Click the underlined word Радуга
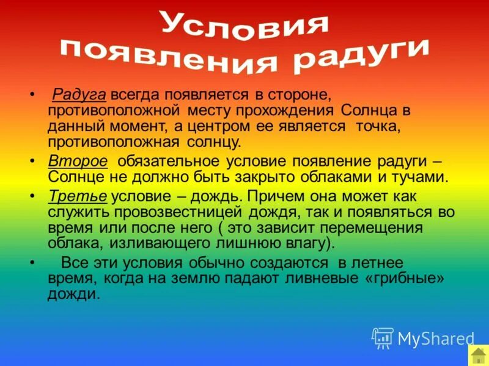coord(79,95)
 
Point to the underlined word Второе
coord(78,161)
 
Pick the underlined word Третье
coord(78,196)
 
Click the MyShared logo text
coord(436,338)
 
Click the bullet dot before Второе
coord(32,161)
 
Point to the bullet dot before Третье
coord(32,196)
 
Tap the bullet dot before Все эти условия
coord(32,262)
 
